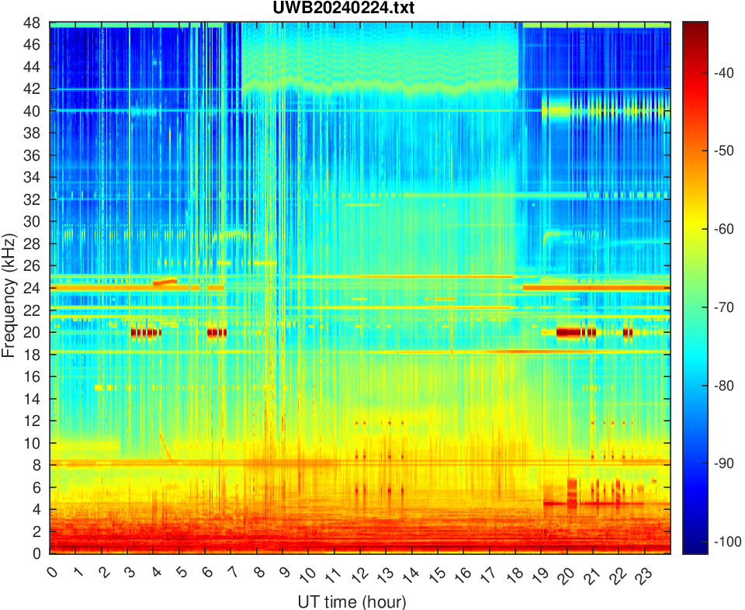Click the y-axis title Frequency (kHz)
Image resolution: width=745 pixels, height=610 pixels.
(9, 288)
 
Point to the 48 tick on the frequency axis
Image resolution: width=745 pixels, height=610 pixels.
(33, 23)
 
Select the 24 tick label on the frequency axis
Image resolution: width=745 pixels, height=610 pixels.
(33, 288)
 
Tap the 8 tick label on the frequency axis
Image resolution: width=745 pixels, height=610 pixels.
(37, 465)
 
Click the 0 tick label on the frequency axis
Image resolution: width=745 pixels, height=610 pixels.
(37, 553)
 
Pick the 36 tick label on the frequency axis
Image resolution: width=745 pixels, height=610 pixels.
(33, 155)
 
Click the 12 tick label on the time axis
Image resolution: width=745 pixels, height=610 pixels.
(356, 575)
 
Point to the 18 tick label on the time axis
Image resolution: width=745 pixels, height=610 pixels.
(511, 575)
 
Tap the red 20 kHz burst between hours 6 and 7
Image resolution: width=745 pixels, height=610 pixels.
(217, 332)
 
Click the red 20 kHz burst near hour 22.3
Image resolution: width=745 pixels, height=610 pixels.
(628, 332)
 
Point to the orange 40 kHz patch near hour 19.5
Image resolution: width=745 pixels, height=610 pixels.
(556, 111)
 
